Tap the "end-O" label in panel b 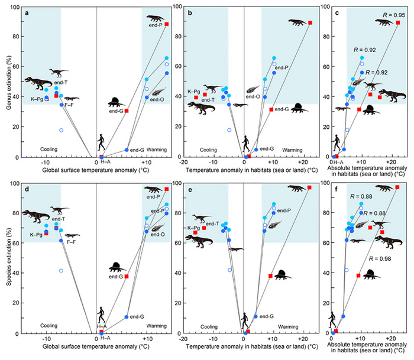[x=253, y=96]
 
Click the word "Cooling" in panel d [x=49, y=326]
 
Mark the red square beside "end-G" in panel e [x=271, y=276]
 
